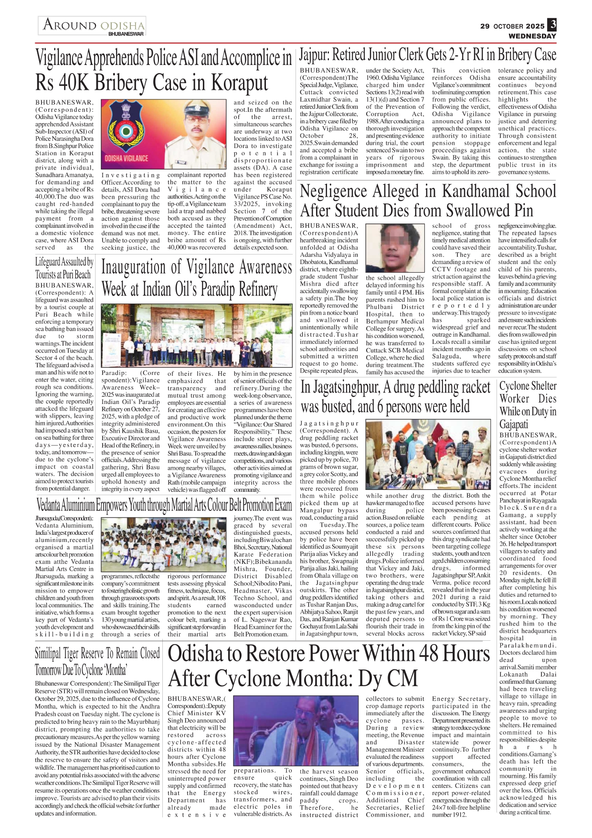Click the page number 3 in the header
point(552,24)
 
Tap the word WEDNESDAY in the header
point(532,36)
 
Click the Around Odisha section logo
point(93,26)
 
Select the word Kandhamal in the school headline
point(483,191)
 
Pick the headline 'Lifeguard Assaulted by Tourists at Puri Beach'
point(64,268)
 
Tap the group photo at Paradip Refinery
point(196,336)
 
